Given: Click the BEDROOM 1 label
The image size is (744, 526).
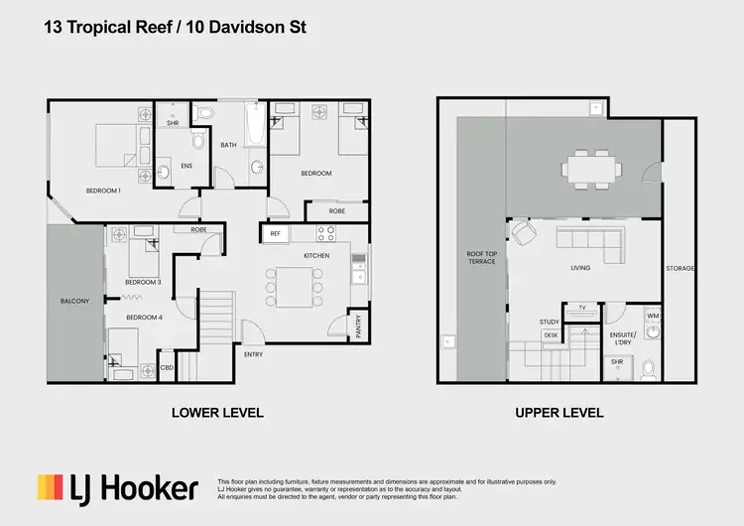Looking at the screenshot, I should click(103, 190).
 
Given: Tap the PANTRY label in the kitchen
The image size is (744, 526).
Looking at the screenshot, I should click(358, 325).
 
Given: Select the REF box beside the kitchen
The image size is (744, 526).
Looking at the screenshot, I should click(275, 234).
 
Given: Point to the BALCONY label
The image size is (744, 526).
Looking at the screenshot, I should click(74, 301).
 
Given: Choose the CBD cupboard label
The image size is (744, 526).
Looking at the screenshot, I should click(167, 366).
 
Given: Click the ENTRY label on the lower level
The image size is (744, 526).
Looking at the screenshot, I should click(253, 354).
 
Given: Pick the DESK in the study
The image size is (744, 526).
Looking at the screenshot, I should click(551, 335).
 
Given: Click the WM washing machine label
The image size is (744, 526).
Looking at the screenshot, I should click(653, 317).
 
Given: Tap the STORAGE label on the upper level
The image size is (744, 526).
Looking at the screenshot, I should click(681, 269).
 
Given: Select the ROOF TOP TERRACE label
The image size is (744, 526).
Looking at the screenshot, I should click(482, 259).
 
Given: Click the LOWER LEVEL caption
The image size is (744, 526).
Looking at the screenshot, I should click(217, 413).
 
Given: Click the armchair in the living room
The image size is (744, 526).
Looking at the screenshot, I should click(523, 232).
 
